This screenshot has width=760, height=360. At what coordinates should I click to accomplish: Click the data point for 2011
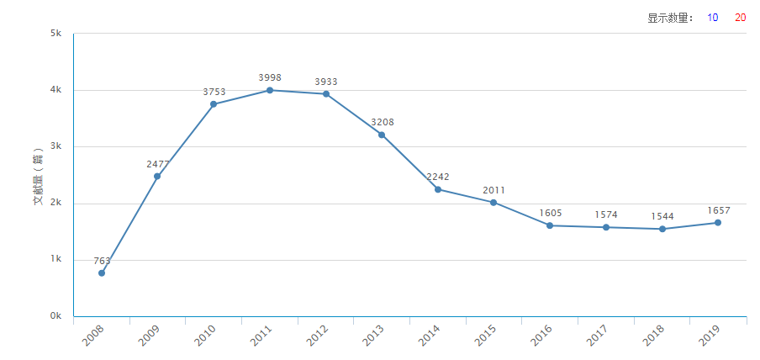(270, 90)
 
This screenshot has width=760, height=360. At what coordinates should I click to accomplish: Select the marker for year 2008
(102, 273)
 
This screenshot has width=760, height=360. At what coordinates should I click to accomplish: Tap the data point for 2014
(438, 189)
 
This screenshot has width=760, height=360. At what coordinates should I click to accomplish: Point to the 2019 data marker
(718, 223)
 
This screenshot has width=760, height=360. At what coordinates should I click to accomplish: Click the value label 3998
(270, 77)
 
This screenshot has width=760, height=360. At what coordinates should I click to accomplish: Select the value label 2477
(158, 164)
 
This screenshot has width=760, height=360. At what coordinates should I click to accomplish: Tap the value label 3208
(382, 122)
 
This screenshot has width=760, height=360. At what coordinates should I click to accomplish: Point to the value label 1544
(662, 216)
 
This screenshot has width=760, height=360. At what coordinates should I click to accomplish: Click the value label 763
(102, 261)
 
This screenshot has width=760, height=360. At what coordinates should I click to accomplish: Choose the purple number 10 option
(712, 18)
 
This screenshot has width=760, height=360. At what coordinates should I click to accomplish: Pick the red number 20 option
(740, 18)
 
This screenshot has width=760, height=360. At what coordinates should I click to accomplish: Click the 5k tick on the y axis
(55, 34)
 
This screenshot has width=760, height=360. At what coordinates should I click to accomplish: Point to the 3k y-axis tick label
(55, 146)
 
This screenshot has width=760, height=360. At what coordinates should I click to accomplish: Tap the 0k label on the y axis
(55, 316)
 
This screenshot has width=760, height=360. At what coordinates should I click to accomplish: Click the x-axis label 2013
(373, 337)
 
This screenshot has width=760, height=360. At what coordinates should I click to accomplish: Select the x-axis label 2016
(541, 337)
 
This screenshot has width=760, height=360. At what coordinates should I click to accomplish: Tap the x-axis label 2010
(205, 337)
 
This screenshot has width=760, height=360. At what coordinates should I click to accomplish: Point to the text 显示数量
(669, 18)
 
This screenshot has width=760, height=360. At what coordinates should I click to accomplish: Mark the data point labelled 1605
(550, 225)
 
